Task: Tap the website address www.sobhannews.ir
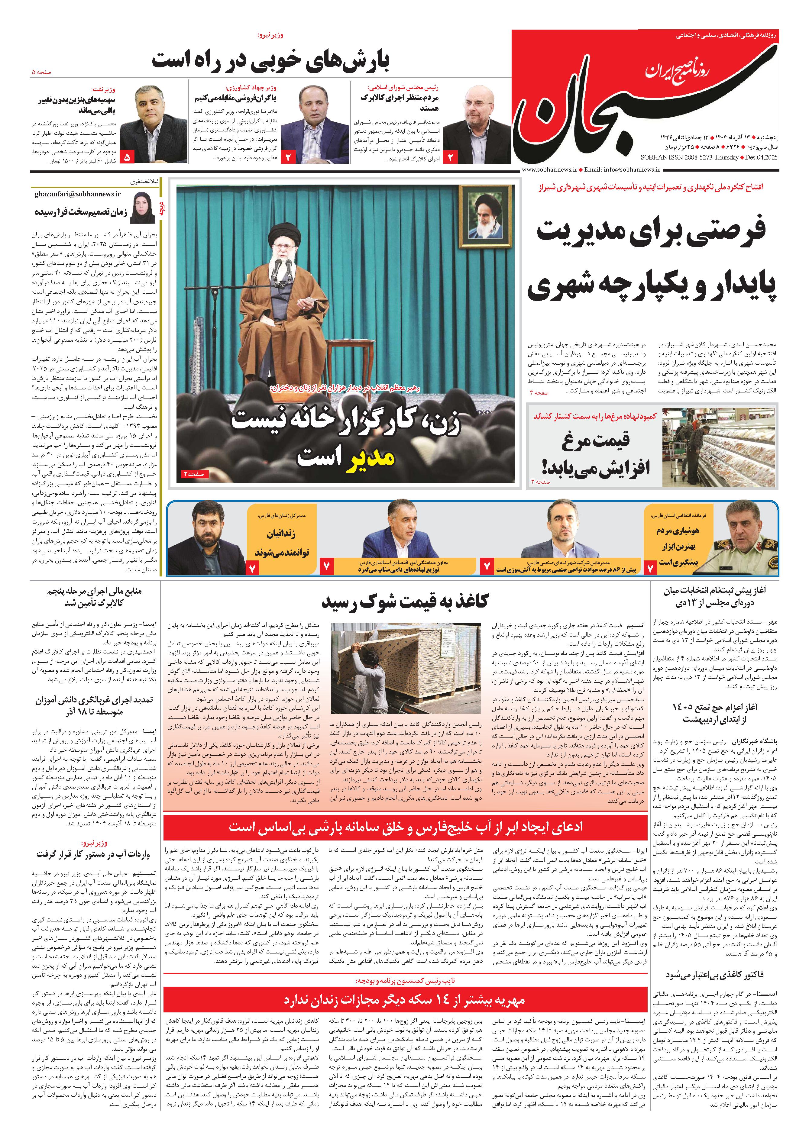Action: (549, 169)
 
